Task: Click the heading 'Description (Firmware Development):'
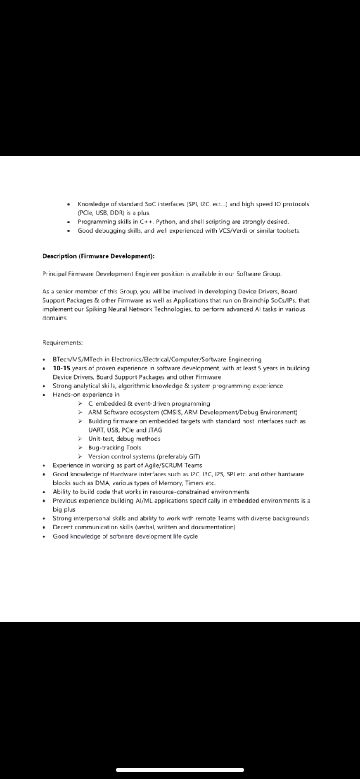pos(98,256)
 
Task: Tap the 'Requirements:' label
pos(62,343)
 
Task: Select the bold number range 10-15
pos(62,368)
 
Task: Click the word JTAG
pos(155,430)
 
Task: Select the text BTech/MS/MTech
pos(77,360)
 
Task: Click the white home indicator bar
pos(180,770)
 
